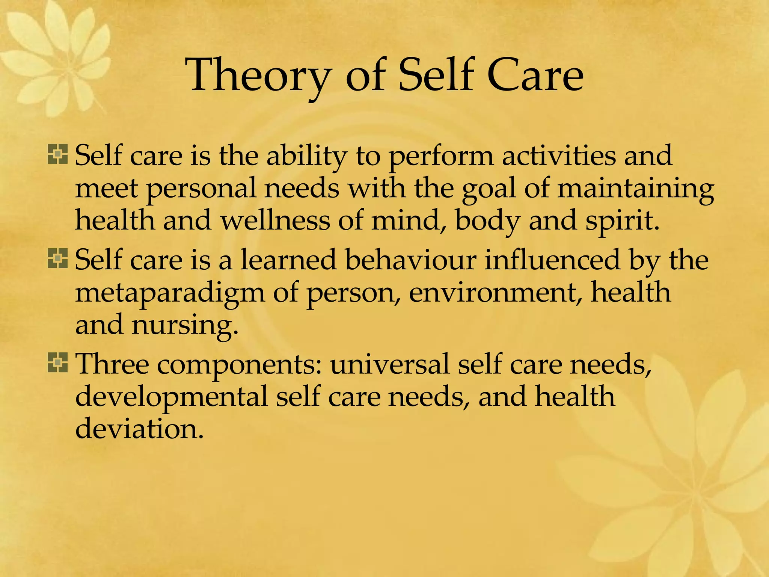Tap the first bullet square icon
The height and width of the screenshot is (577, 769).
click(58, 154)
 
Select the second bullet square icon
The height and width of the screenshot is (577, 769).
click(58, 259)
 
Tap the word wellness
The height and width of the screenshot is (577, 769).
click(275, 221)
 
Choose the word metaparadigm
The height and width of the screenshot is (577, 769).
click(170, 293)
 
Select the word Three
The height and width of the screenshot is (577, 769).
click(112, 364)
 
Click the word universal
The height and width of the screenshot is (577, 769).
click(389, 364)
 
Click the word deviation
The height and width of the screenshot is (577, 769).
click(139, 429)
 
